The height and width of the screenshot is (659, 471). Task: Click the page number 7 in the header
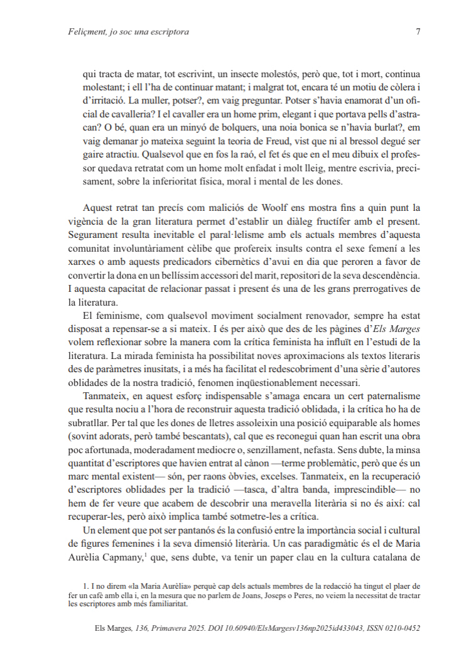(418, 31)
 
